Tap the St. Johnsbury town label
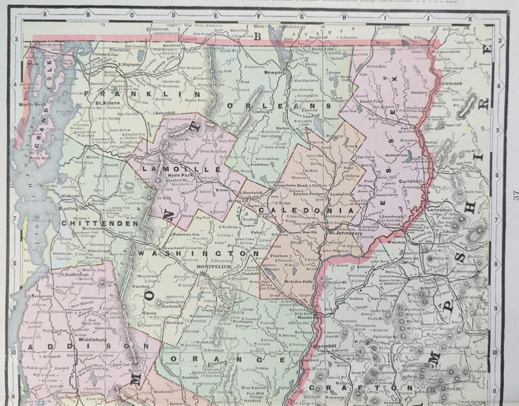(x=346, y=234)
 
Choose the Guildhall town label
(x=411, y=183)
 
